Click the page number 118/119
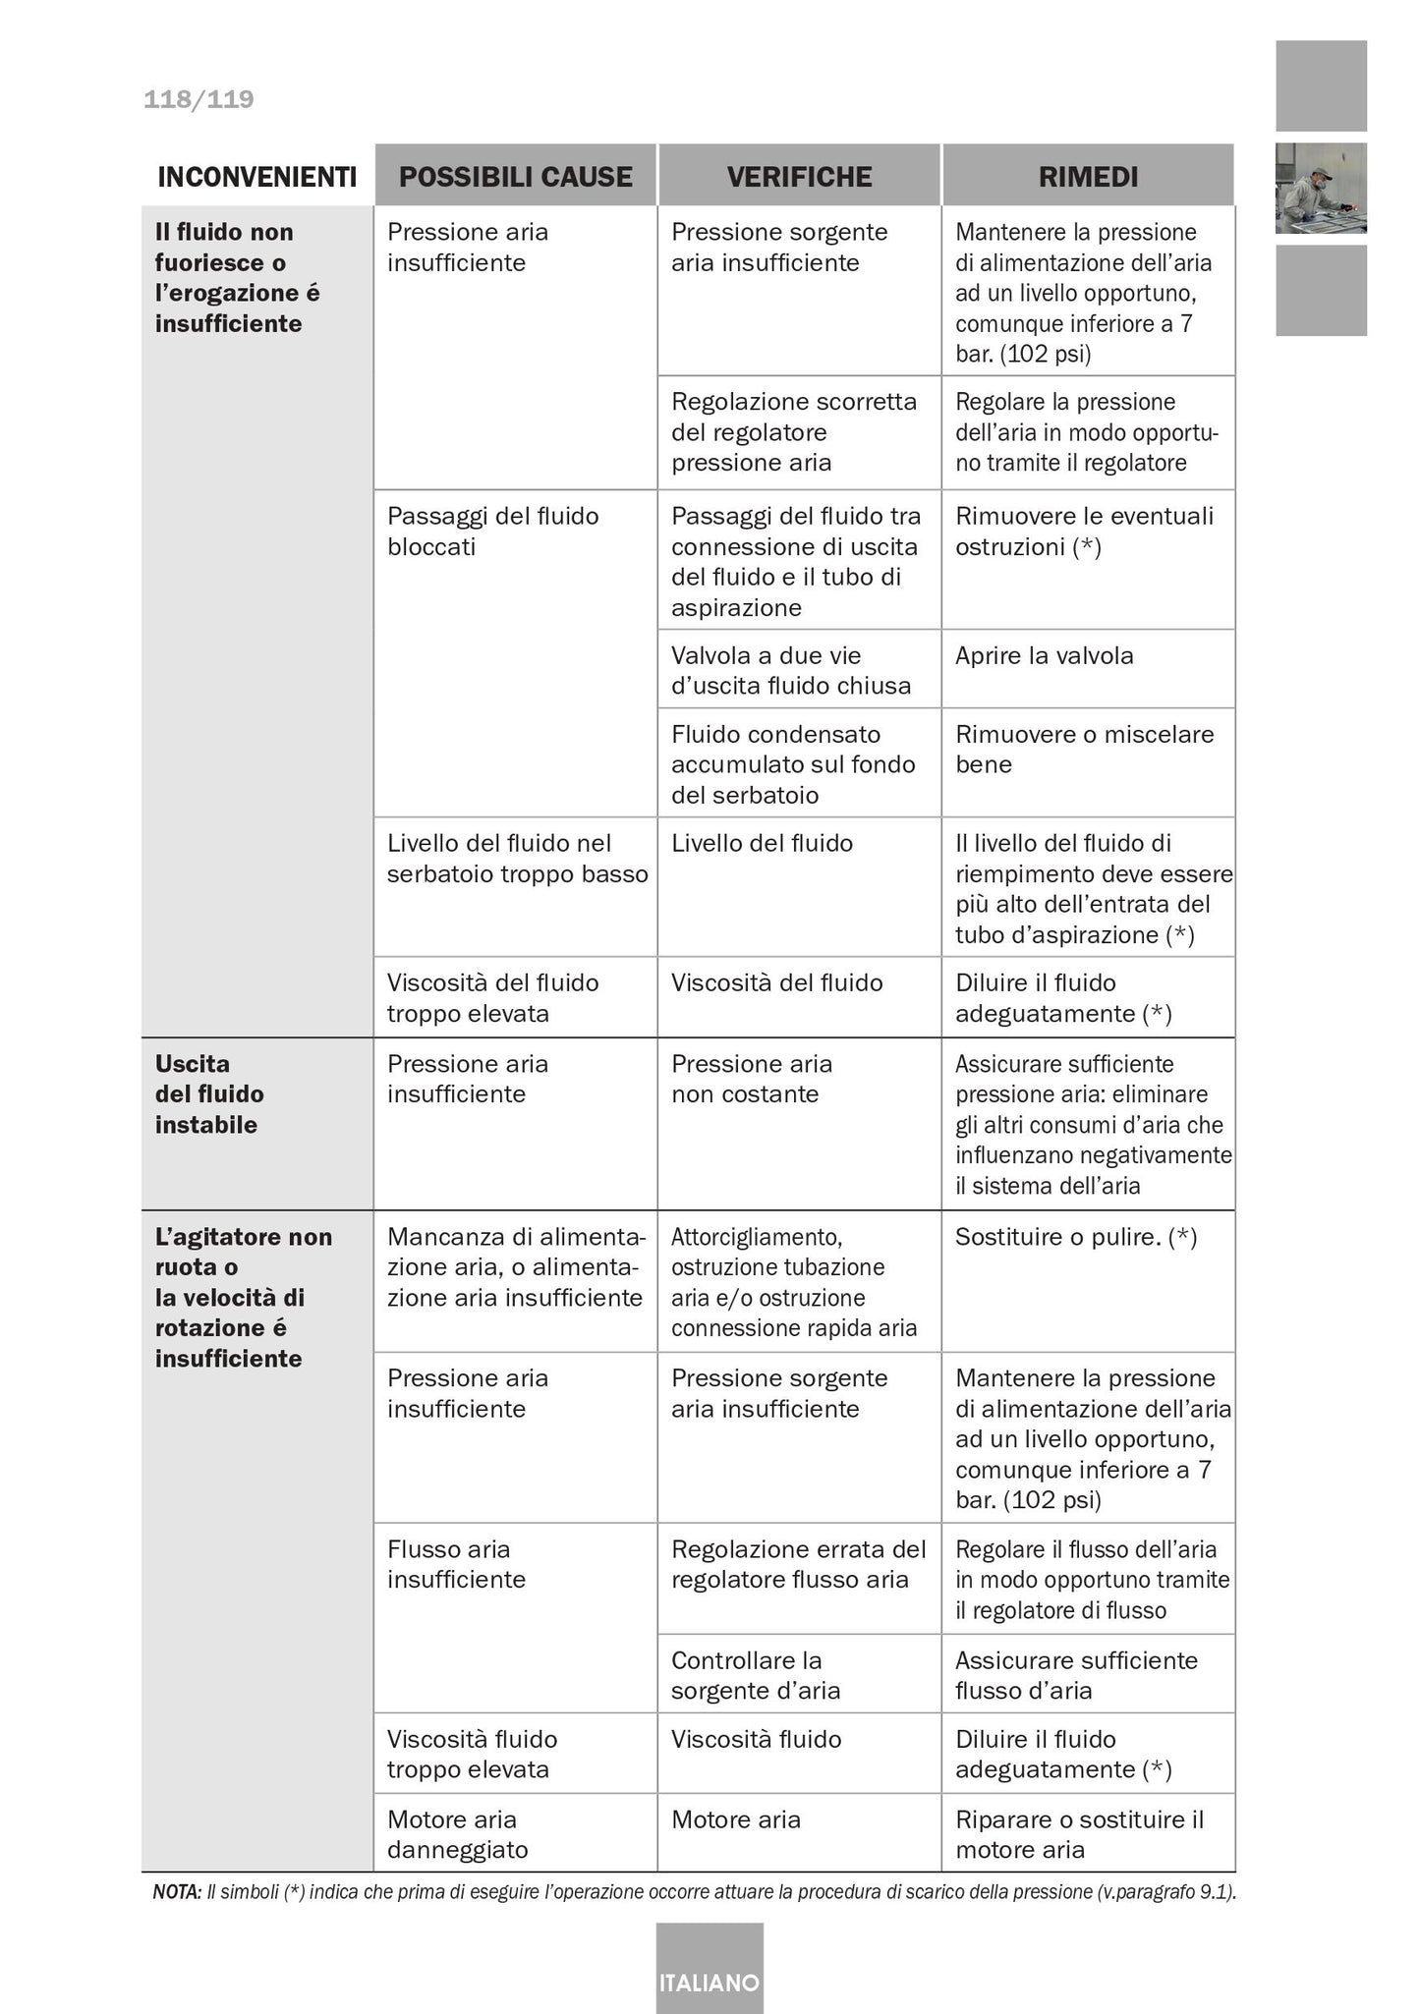click(x=199, y=99)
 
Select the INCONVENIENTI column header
click(x=256, y=177)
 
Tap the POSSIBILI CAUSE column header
click(x=515, y=177)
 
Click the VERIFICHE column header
click(x=799, y=177)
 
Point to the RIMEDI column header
click(x=1088, y=177)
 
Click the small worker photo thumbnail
click(x=1320, y=188)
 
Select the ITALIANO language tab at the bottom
click(x=709, y=1983)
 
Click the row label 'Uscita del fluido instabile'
click(x=209, y=1094)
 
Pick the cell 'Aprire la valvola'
click(x=1044, y=656)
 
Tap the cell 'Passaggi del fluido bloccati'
click(x=492, y=531)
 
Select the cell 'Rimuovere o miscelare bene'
click(x=1084, y=750)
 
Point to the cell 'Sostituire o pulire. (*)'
click(x=1075, y=1237)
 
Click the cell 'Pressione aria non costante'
click(x=751, y=1079)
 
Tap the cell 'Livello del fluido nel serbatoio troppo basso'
click(x=517, y=859)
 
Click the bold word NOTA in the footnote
click(x=177, y=1892)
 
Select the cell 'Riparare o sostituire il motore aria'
click(x=1078, y=1834)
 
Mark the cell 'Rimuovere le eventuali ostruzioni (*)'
click(x=1084, y=531)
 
